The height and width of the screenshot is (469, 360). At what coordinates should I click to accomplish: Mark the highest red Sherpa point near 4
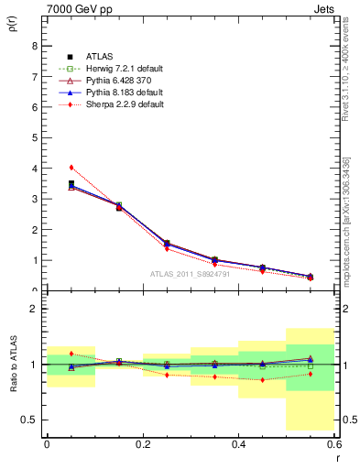pos(71,168)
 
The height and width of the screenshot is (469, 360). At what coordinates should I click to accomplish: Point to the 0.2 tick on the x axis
pos(143,444)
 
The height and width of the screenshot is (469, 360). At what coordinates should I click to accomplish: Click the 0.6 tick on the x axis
pos(333,444)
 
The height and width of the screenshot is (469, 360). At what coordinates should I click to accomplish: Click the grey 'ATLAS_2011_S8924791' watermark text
pos(191,274)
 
